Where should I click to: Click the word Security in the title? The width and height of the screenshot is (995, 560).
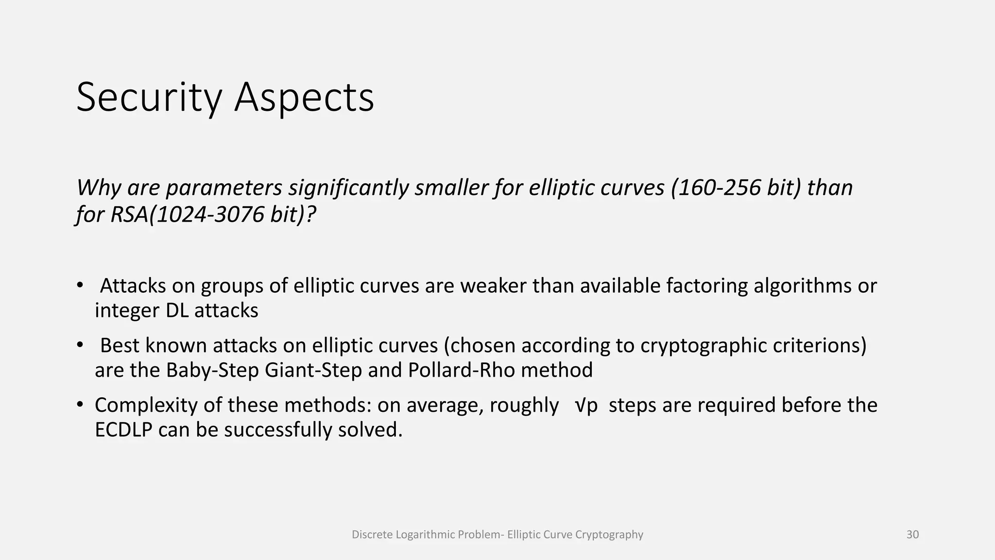[149, 98]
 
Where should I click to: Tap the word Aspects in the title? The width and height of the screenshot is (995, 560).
[304, 98]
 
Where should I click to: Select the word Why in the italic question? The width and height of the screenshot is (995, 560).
[99, 188]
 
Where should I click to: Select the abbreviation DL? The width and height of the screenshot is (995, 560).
[177, 311]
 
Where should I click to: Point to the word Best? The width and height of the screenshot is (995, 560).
[120, 346]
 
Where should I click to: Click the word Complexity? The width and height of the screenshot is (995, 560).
[146, 405]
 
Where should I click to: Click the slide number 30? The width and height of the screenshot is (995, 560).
[912, 535]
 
